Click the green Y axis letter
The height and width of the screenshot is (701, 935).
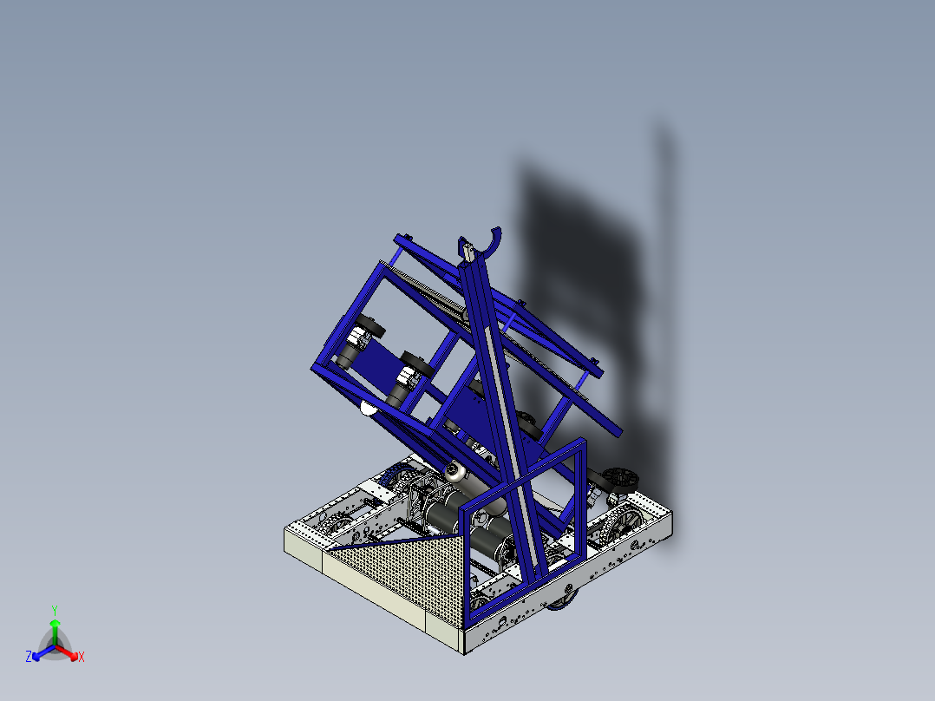click(x=55, y=610)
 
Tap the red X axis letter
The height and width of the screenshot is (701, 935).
click(x=82, y=658)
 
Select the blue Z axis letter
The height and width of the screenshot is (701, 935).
click(x=29, y=658)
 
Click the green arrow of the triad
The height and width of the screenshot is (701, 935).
click(x=55, y=629)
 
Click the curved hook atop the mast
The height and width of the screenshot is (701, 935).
click(x=492, y=244)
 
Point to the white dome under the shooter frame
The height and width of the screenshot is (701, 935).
click(x=368, y=408)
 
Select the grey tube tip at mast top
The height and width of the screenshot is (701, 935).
click(x=468, y=251)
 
